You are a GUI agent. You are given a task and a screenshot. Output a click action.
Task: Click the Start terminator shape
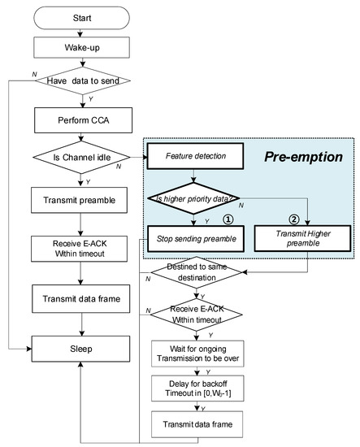coord(81,18)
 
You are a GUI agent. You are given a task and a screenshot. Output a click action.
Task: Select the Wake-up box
coord(81,47)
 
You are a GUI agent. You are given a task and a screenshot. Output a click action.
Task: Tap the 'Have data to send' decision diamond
coord(82,80)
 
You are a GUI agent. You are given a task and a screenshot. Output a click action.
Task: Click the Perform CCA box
coord(83,120)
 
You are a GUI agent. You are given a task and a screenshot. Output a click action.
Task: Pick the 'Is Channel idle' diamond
coord(81,157)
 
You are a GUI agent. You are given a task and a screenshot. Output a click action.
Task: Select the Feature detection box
coord(196,156)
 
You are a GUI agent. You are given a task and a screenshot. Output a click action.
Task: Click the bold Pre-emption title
coord(304,157)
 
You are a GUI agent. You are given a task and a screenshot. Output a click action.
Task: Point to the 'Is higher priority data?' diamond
coord(193,198)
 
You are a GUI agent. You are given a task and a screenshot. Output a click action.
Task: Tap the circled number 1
coord(228,219)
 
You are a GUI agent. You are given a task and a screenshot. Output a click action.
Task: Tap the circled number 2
coord(294,219)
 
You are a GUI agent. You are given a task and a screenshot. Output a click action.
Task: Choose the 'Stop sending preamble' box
coord(196,239)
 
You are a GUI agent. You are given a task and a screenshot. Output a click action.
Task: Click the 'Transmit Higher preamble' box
coord(302,238)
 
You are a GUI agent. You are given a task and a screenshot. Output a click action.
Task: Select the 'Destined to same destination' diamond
coord(197,272)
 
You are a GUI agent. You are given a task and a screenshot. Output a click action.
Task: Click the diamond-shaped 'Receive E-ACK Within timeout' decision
coord(197,315)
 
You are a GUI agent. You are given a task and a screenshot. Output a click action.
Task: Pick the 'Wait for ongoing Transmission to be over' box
coord(197,354)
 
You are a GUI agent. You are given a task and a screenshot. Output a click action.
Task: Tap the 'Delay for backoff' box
coord(197,388)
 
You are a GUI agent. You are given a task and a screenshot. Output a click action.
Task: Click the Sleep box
coord(81,349)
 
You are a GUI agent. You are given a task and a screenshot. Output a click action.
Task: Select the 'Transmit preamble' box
coord(80,200)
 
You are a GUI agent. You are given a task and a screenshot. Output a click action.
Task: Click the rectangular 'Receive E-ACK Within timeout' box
coord(80,249)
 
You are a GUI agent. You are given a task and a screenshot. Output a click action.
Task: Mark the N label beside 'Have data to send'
coord(34,75)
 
